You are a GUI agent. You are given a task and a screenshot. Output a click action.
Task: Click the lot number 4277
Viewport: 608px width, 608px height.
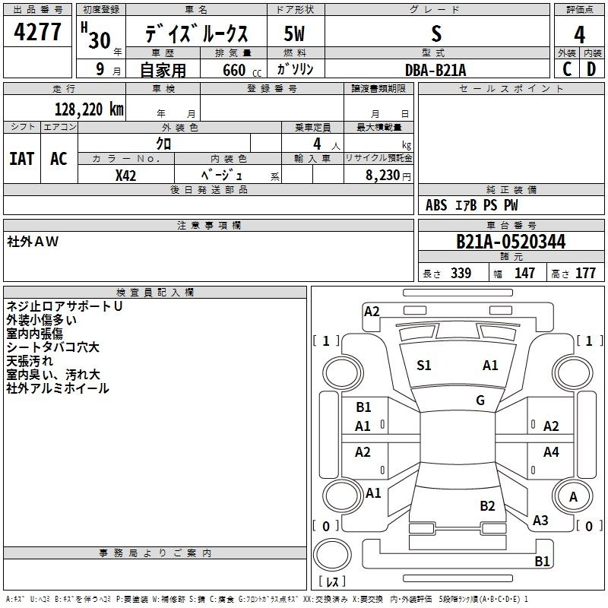pyautogui.click(x=37, y=32)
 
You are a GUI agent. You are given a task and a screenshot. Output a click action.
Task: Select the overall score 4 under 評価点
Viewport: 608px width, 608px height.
pyautogui.click(x=579, y=35)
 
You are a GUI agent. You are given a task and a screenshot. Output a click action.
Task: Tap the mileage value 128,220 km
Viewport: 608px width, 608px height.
pyautogui.click(x=89, y=109)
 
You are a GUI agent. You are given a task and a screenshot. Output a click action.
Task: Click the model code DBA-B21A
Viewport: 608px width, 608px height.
pyautogui.click(x=435, y=70)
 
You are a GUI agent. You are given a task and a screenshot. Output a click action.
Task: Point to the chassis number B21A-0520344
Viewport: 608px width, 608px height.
pyautogui.click(x=511, y=242)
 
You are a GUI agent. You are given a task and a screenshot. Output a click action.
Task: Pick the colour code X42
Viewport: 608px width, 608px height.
pyautogui.click(x=125, y=176)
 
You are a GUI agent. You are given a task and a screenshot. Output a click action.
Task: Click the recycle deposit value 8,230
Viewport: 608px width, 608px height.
pyautogui.click(x=383, y=176)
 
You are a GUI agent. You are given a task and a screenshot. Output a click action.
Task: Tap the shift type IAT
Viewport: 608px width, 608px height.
pyautogui.click(x=22, y=159)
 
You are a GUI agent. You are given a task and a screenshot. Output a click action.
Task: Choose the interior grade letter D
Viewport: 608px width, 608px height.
pyautogui.click(x=591, y=69)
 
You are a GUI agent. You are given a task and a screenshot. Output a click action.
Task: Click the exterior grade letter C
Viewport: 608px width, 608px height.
pyautogui.click(x=567, y=69)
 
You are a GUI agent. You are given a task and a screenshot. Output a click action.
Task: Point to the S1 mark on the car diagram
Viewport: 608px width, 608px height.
pyautogui.click(x=423, y=366)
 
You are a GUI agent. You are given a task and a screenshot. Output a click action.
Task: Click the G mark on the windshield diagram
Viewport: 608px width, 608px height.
pyautogui.click(x=480, y=401)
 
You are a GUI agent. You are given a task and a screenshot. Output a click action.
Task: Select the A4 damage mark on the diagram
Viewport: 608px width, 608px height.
pyautogui.click(x=551, y=451)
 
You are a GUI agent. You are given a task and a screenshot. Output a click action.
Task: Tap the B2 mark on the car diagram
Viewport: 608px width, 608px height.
pyautogui.click(x=487, y=506)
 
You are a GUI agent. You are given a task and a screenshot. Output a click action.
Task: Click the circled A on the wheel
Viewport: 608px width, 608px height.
pyautogui.click(x=573, y=497)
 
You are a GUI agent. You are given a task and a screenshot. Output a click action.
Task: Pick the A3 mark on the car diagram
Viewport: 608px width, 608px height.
pyautogui.click(x=540, y=521)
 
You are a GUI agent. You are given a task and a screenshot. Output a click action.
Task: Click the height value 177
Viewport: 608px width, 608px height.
pyautogui.click(x=585, y=273)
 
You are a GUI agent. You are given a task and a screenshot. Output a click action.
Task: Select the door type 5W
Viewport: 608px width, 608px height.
pyautogui.click(x=294, y=33)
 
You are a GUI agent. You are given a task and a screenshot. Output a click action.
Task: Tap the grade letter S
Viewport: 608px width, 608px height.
pyautogui.click(x=436, y=33)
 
